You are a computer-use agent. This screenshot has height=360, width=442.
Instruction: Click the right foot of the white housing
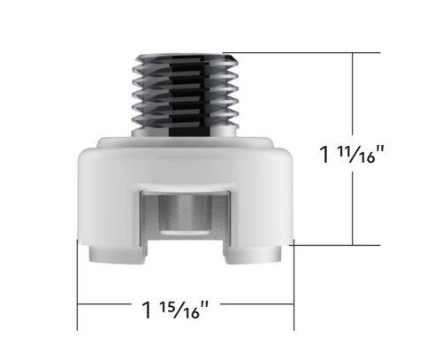click(x=257, y=255)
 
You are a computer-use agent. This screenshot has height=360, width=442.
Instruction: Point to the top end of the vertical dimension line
click(x=354, y=54)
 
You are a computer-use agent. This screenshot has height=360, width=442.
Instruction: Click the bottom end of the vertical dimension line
click(x=354, y=244)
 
